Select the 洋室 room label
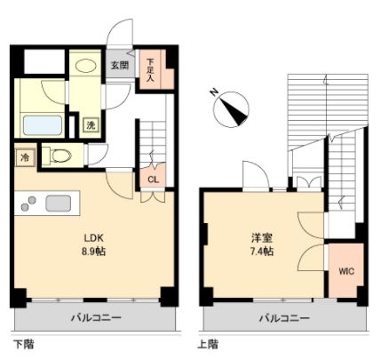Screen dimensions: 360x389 [x=260, y=238]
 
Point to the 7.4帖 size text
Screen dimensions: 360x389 [x=260, y=252]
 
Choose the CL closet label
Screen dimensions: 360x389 [x=153, y=180]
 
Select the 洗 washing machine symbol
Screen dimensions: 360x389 [x=91, y=125]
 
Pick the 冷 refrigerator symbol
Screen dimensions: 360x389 [x=24, y=157]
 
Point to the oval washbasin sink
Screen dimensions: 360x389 [x=86, y=65]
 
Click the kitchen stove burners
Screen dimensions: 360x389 [x=27, y=203]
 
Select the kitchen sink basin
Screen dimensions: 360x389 [x=59, y=202]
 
